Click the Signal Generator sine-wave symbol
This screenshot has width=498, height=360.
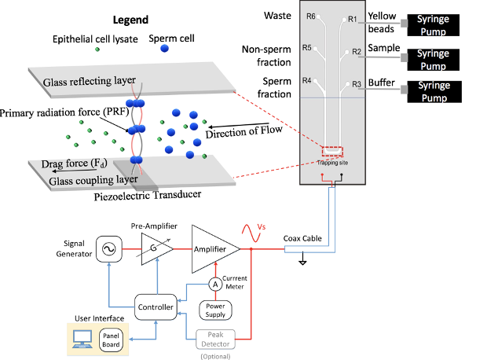pos(107,249)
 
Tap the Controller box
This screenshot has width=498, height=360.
pos(154,306)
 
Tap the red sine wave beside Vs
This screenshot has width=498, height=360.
pos(255,233)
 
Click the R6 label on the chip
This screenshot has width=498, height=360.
pos(311,17)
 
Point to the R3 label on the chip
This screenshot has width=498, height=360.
pos(356,84)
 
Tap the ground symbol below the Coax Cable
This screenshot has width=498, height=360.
pos(302,263)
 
